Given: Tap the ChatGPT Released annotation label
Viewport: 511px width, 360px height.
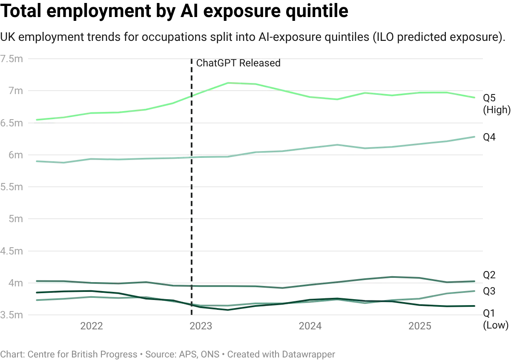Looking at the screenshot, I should point(238,64).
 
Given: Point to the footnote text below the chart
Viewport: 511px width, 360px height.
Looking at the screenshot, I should point(166,353).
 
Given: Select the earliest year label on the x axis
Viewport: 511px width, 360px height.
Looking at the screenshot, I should point(92,326).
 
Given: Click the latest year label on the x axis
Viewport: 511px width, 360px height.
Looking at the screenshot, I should point(420,326).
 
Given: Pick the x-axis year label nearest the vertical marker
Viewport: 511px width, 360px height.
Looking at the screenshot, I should point(201,326).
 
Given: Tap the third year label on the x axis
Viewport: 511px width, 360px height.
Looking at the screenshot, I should point(311,326).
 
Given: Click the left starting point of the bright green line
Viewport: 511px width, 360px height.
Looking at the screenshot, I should point(35,120).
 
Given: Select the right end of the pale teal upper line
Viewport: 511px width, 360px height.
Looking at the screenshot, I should point(476,135).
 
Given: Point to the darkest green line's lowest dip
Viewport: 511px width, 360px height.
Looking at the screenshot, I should point(226,309).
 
